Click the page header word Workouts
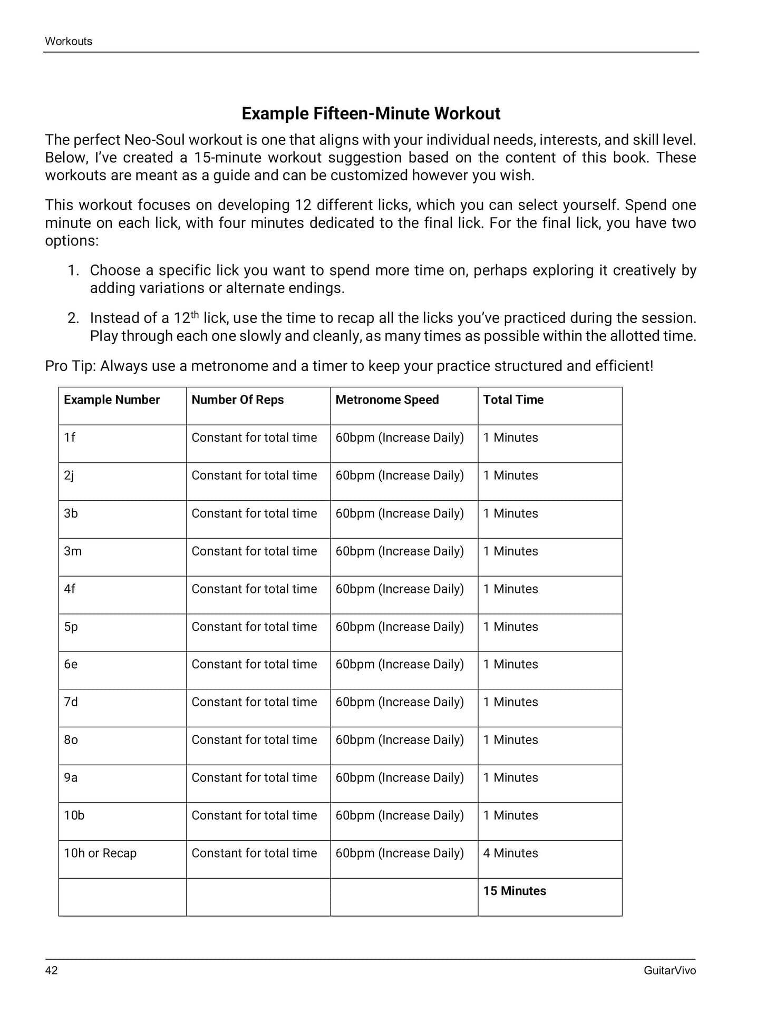point(69,41)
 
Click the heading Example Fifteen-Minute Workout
point(371,113)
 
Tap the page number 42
point(52,970)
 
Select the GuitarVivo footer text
point(670,970)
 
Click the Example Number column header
point(112,400)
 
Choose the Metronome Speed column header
point(387,400)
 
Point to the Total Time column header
point(513,400)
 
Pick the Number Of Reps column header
point(237,400)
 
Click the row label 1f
point(70,437)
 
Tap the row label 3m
point(73,551)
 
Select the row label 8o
point(71,739)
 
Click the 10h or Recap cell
point(100,853)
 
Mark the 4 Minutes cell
point(510,853)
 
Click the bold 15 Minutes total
point(515,891)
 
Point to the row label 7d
point(71,702)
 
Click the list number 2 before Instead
point(73,318)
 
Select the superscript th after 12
point(195,315)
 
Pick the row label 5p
point(71,627)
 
